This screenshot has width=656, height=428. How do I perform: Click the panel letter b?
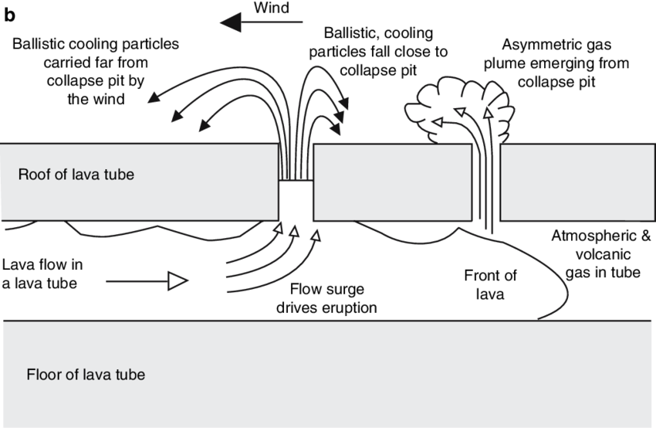coord(9,15)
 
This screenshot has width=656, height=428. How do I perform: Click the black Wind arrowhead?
coord(231,22)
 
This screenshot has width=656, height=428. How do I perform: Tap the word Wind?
coord(271,8)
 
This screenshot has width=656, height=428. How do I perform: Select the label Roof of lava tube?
coord(76,175)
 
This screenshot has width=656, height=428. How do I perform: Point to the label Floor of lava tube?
coord(86,375)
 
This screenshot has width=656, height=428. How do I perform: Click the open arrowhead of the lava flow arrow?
coord(178,281)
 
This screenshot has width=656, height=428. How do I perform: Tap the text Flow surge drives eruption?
coord(326,298)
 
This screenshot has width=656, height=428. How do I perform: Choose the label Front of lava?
coord(490,285)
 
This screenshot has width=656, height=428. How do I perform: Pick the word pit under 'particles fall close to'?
coord(408,70)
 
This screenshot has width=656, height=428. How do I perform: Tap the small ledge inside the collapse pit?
coord(296,181)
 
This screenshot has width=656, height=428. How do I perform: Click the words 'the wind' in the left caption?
coord(96,99)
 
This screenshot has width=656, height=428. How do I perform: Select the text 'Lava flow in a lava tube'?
coord(42,274)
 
